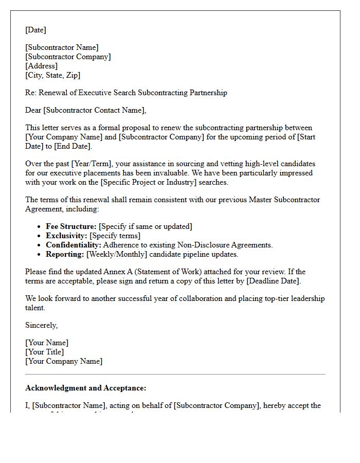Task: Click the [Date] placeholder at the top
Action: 35,30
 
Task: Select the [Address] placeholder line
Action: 41,66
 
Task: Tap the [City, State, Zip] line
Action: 52,75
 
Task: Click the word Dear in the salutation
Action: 33,110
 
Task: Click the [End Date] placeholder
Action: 73,146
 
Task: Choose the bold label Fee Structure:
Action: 71,226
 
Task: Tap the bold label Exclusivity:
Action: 66,236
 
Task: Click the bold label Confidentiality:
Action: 74,245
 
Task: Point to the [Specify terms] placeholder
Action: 115,236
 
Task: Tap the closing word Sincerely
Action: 41,325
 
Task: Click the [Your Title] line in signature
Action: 45,352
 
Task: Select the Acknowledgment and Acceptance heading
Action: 86,388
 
